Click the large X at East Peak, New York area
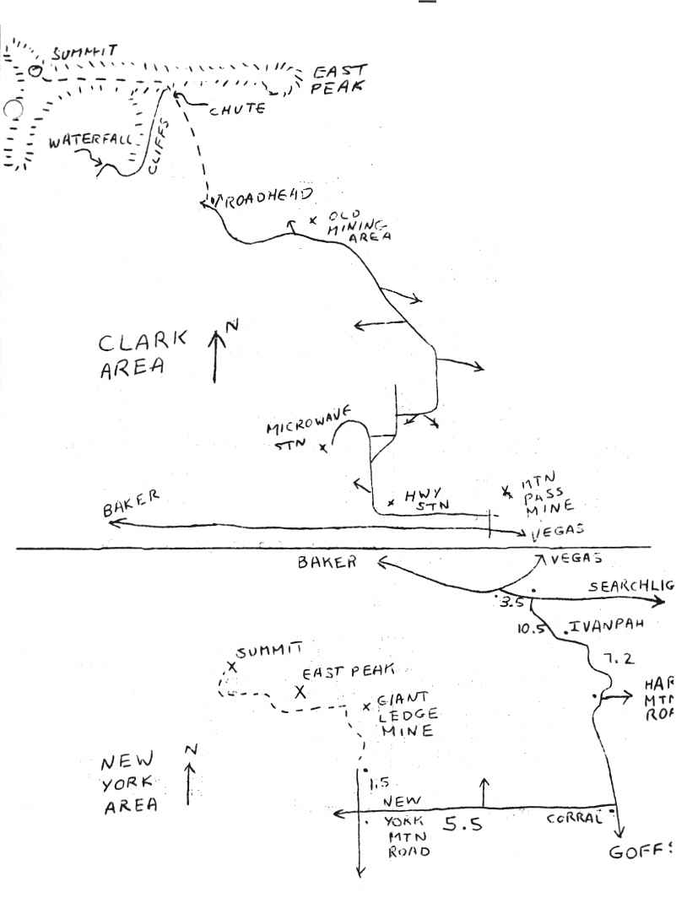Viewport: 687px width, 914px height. (x=299, y=692)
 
